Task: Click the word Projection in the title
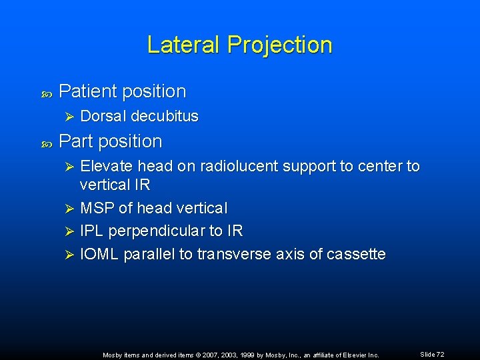pos(279,45)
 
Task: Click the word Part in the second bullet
pos(75,141)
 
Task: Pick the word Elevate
pos(106,166)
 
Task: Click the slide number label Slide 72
pos(432,355)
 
